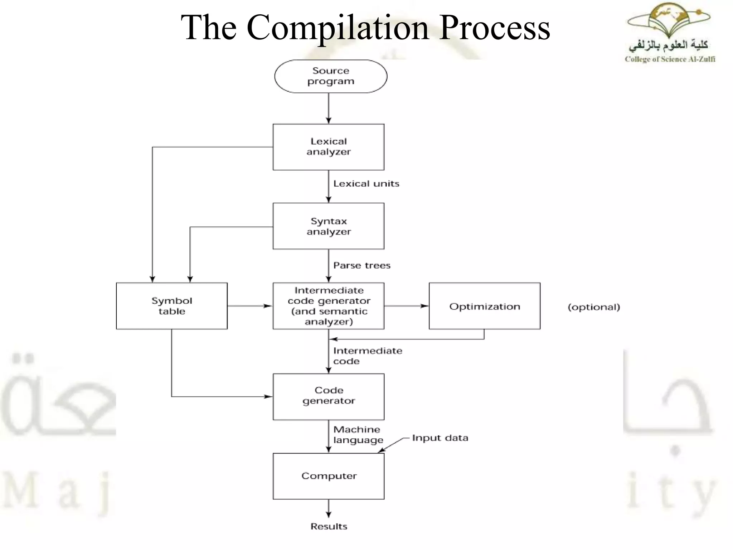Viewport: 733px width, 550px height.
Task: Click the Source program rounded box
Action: click(330, 76)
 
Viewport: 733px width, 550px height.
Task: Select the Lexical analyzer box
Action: click(328, 147)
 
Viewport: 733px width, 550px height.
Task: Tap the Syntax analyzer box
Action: click(328, 226)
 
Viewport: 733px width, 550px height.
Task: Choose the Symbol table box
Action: click(171, 306)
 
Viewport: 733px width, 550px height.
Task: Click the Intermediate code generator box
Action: click(328, 306)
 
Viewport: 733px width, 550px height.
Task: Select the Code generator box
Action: click(328, 396)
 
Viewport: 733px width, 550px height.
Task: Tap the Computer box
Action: click(328, 476)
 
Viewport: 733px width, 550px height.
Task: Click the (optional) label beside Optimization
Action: click(593, 307)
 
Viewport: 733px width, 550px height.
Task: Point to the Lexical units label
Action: click(366, 184)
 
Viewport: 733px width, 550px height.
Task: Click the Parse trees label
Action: click(361, 265)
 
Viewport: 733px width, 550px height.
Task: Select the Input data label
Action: click(440, 438)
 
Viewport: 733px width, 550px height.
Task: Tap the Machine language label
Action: click(358, 434)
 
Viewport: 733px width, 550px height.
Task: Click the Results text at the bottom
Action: click(329, 526)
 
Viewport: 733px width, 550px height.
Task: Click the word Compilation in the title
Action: click(338, 28)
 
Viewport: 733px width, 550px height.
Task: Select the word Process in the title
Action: click(495, 28)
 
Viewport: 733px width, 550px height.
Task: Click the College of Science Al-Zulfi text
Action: click(670, 59)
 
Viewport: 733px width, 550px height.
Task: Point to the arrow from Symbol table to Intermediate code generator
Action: click(250, 306)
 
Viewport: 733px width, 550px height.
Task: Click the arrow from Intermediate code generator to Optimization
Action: click(406, 306)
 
